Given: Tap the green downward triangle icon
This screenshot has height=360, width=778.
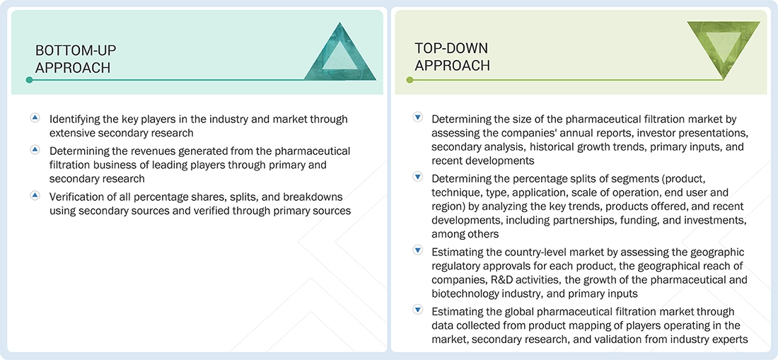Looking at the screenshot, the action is click(x=724, y=50).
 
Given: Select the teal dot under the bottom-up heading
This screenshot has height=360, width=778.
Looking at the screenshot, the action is click(x=29, y=80).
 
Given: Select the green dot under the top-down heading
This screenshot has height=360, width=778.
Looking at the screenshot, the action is click(x=410, y=80).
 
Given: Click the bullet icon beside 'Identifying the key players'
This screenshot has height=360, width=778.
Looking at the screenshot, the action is click(x=35, y=118).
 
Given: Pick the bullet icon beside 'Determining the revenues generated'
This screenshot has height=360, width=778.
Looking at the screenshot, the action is click(x=35, y=149).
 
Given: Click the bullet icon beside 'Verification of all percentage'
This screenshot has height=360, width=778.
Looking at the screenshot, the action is click(x=35, y=195).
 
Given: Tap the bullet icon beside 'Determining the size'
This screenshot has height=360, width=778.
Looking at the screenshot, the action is click(x=418, y=117).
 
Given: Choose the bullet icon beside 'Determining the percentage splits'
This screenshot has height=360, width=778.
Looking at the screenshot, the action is click(x=418, y=177).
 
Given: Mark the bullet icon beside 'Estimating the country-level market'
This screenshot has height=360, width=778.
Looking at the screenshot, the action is click(x=418, y=250).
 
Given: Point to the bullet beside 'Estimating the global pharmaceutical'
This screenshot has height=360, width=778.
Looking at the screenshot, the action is click(x=418, y=310).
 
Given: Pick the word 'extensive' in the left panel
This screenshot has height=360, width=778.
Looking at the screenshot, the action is click(x=69, y=133).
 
